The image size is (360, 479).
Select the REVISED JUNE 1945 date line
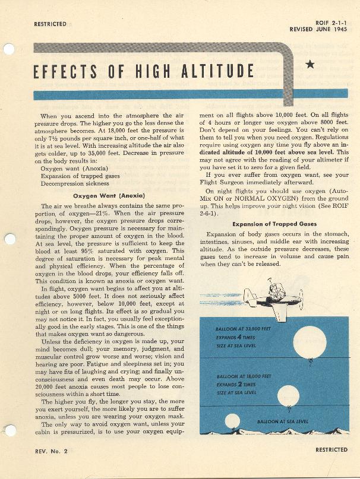tap(318, 29)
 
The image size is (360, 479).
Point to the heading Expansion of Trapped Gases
tap(274, 224)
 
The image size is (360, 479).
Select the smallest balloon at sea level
tap(232, 420)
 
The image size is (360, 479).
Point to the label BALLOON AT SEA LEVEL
tap(282, 421)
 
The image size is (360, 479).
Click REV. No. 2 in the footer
tap(51, 452)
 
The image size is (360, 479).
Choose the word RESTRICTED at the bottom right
tap(331, 450)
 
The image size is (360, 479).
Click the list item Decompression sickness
tap(75, 183)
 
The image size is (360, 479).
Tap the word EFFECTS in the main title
tap(60, 71)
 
